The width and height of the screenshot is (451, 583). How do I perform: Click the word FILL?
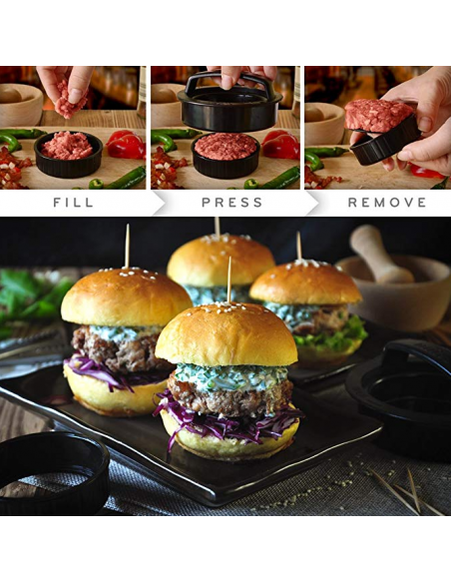[x=73, y=202]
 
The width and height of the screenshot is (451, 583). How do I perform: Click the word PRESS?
[x=231, y=202]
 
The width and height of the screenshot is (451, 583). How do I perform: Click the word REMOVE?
[x=386, y=202]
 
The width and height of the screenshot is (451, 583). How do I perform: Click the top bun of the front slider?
[x=227, y=335]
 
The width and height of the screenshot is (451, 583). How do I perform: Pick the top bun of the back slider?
[x=220, y=260]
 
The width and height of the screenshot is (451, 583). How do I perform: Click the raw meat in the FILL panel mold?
[x=68, y=146]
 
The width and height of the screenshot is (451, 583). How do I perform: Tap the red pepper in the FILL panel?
[x=125, y=146]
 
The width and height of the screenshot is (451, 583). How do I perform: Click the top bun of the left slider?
[x=126, y=297]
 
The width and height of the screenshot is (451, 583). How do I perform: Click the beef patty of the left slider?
[x=115, y=352]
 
